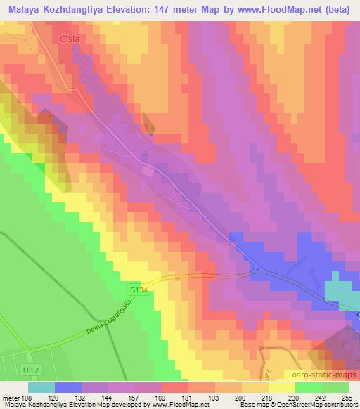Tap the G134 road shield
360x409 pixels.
[x=138, y=288]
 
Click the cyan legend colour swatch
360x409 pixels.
[x=41, y=387]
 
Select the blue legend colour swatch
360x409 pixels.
[x=68, y=387]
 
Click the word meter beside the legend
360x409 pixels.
[x=9, y=398]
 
